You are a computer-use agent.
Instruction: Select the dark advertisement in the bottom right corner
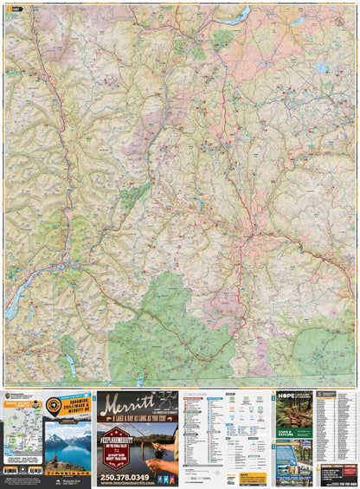tap(337, 473)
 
